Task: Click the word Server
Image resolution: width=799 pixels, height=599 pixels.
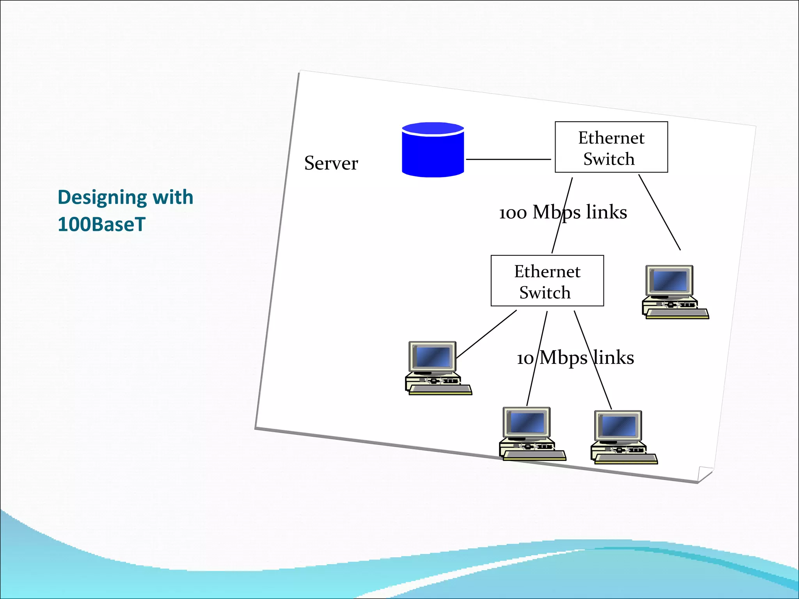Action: (x=331, y=163)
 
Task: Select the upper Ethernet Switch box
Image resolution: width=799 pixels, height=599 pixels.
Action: (x=611, y=147)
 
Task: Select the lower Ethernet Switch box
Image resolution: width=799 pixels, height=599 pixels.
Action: (x=547, y=281)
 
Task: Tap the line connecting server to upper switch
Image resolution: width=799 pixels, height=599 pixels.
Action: (x=508, y=159)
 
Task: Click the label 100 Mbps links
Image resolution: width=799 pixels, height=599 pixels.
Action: (x=563, y=213)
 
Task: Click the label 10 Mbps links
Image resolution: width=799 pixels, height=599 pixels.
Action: (x=575, y=358)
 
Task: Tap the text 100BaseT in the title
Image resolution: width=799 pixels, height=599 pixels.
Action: (x=101, y=225)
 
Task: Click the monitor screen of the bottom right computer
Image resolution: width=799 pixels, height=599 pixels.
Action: (x=619, y=425)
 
